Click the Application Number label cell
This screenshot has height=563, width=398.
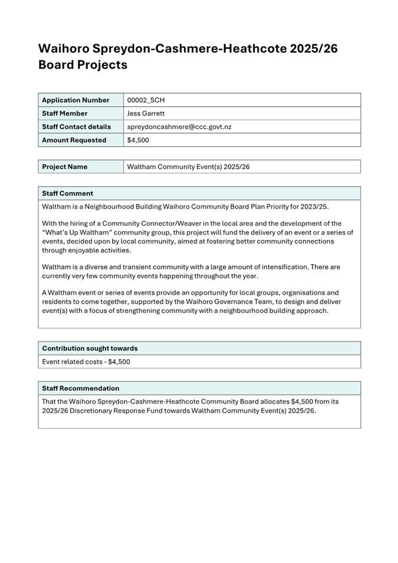tap(75, 100)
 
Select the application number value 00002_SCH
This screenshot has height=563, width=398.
tap(146, 100)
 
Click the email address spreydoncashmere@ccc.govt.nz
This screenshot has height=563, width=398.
tap(179, 127)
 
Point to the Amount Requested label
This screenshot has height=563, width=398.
tap(74, 140)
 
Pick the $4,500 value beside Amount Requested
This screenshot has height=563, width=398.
tap(138, 140)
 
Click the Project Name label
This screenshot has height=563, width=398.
tap(64, 167)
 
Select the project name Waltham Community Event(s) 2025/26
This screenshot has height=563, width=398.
tap(188, 167)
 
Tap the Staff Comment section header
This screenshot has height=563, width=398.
tap(67, 193)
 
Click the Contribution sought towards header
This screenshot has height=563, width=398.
tap(89, 348)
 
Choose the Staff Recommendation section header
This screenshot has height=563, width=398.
tap(80, 388)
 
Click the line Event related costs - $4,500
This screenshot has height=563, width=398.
tap(86, 361)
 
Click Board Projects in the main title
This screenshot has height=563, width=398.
tap(83, 65)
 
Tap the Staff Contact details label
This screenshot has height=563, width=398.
tap(76, 127)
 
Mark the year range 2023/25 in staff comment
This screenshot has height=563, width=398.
tap(313, 206)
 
